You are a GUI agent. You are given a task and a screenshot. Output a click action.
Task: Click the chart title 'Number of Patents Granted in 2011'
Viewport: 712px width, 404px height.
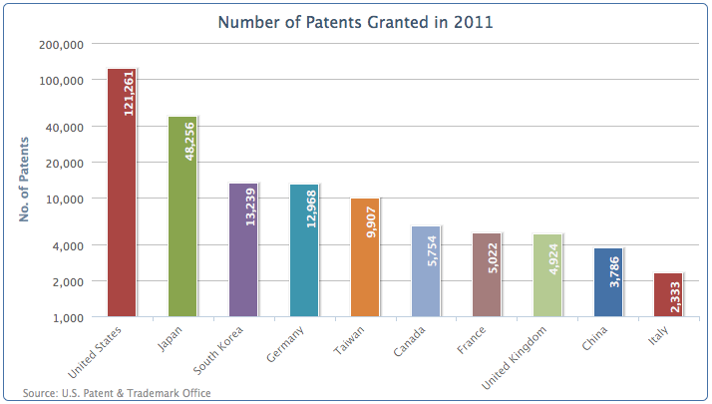click(x=355, y=22)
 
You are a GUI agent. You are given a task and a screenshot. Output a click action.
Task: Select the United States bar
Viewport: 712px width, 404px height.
click(x=122, y=193)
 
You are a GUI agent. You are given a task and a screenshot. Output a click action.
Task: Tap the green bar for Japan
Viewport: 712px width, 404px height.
click(x=182, y=216)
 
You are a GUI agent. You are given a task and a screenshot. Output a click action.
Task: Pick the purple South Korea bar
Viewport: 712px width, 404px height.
click(x=243, y=250)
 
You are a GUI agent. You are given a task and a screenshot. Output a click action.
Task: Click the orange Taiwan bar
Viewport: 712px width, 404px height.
click(x=365, y=257)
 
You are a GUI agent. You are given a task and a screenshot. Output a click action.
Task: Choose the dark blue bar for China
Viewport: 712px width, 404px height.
click(x=608, y=282)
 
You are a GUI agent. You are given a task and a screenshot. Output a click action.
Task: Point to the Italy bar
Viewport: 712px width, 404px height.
click(x=668, y=295)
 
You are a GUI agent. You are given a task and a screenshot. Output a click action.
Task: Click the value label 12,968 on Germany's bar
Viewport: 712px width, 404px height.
click(x=311, y=209)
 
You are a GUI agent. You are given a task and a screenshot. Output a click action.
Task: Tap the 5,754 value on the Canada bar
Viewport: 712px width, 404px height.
click(x=432, y=250)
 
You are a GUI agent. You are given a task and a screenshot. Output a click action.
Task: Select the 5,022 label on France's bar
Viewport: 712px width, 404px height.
click(x=493, y=258)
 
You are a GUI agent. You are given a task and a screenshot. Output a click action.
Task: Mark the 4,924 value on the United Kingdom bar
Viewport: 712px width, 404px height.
click(x=553, y=259)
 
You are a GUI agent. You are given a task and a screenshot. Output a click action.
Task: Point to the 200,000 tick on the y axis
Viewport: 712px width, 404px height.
click(x=61, y=45)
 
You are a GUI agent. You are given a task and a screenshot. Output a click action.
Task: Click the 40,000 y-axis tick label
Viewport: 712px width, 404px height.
click(x=65, y=128)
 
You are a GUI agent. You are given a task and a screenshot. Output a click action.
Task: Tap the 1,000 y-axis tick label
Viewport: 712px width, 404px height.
click(x=68, y=318)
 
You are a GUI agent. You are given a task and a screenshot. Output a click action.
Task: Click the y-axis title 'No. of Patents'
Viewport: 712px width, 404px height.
click(x=24, y=180)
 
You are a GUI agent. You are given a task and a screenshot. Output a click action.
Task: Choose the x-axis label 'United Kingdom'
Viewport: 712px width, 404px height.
click(x=514, y=358)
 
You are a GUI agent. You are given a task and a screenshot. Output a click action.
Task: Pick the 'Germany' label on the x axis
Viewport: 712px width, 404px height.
click(x=285, y=344)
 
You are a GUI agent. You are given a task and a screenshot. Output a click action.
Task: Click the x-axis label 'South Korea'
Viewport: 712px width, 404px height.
click(x=218, y=350)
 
